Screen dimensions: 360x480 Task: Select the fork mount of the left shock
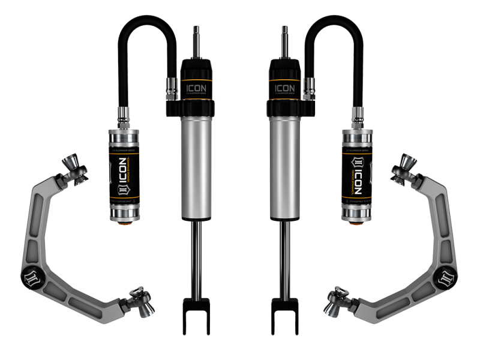[196, 314]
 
